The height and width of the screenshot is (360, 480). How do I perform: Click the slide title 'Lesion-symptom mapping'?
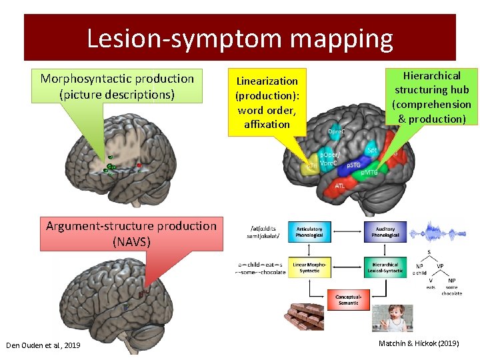[x=240, y=39]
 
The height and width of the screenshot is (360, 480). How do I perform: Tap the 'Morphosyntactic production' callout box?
[x=117, y=87]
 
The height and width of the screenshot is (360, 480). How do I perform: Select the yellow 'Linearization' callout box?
[x=267, y=102]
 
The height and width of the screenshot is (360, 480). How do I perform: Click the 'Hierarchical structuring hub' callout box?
[x=431, y=97]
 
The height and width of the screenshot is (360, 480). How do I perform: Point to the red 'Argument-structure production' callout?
[x=131, y=233]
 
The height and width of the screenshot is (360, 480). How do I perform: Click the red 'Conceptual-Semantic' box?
[x=348, y=300]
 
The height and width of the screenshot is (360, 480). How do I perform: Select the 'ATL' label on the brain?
[x=339, y=185]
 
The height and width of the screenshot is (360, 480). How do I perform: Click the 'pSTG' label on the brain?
[x=354, y=165]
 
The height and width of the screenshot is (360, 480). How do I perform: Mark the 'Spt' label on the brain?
[x=372, y=151]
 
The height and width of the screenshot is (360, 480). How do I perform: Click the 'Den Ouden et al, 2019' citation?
[x=43, y=345]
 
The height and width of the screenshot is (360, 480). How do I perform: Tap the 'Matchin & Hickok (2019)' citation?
[x=419, y=343]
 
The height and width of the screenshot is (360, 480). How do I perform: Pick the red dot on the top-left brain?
[x=139, y=164]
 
